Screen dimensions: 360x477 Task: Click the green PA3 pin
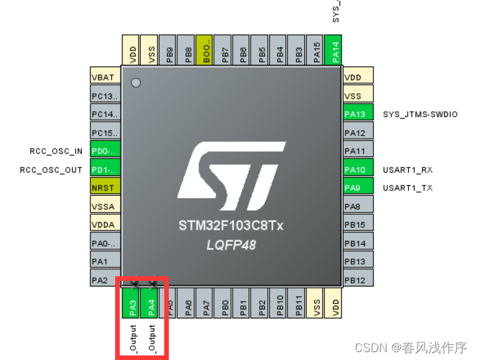(x=132, y=304)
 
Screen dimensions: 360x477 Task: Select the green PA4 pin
(x=150, y=304)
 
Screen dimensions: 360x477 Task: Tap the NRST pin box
(x=105, y=188)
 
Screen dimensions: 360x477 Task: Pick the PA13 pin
(x=357, y=114)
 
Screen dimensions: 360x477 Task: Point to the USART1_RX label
(x=408, y=170)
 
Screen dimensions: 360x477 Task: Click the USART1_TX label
(x=408, y=188)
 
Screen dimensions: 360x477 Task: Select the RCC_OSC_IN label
(x=56, y=151)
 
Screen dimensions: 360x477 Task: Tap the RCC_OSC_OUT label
(x=52, y=170)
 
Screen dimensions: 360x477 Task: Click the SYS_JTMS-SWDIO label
(x=420, y=114)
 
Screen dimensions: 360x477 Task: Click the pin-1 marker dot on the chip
(x=135, y=82)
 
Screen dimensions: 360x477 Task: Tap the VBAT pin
(x=105, y=77)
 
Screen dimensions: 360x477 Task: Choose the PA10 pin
(x=357, y=170)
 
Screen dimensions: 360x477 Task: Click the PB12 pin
(x=357, y=280)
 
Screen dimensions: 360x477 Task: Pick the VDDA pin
(x=105, y=225)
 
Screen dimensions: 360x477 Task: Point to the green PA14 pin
(x=336, y=50)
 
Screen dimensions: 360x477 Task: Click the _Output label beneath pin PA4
(x=151, y=338)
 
